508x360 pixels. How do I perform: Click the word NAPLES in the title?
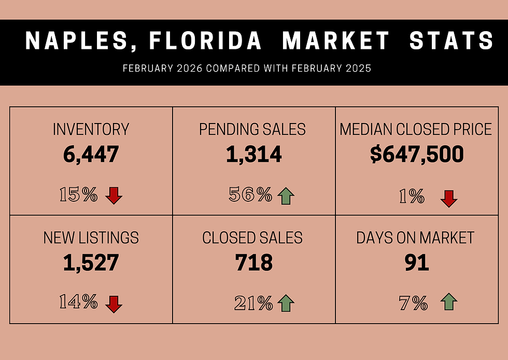pyautogui.click(x=76, y=40)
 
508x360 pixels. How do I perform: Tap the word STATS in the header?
pyautogui.click(x=451, y=40)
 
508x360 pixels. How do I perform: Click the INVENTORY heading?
pyautogui.click(x=91, y=129)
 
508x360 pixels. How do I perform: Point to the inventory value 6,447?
pyautogui.click(x=91, y=155)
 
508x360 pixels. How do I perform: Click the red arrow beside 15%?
pyautogui.click(x=114, y=195)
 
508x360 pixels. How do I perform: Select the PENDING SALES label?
pyautogui.click(x=252, y=129)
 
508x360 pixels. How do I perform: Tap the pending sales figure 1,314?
pyautogui.click(x=253, y=154)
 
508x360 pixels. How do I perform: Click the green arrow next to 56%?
pyautogui.click(x=286, y=196)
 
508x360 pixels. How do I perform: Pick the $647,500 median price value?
pyautogui.click(x=417, y=154)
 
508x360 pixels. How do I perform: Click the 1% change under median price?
pyautogui.click(x=412, y=196)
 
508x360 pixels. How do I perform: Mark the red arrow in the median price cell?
pyautogui.click(x=449, y=199)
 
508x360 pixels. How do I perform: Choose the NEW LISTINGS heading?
pyautogui.click(x=91, y=238)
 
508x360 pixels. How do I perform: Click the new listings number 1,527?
pyautogui.click(x=91, y=262)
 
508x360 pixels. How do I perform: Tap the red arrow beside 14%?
pyautogui.click(x=114, y=304)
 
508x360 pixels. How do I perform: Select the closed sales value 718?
pyautogui.click(x=253, y=262)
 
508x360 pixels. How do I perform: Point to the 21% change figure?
pyautogui.click(x=253, y=303)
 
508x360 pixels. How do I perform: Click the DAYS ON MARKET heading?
pyautogui.click(x=415, y=238)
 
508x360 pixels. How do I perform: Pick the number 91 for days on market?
pyautogui.click(x=417, y=262)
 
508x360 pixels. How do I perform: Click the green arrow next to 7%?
pyautogui.click(x=449, y=301)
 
